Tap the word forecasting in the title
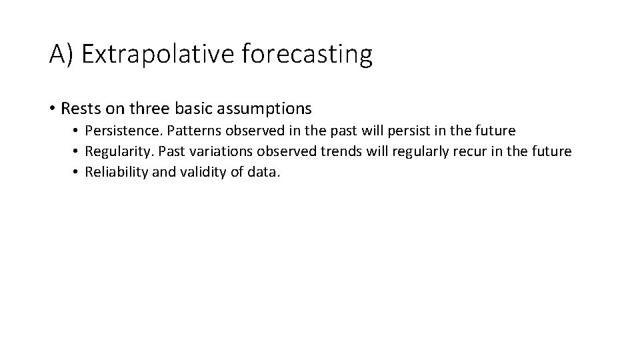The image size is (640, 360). coord(307,55)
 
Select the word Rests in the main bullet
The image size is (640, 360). coord(79,107)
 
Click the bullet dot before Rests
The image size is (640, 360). coord(52,108)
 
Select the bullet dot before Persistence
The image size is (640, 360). coord(77,131)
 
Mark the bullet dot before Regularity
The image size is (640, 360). coord(77,152)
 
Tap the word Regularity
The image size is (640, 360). coord(117,151)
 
